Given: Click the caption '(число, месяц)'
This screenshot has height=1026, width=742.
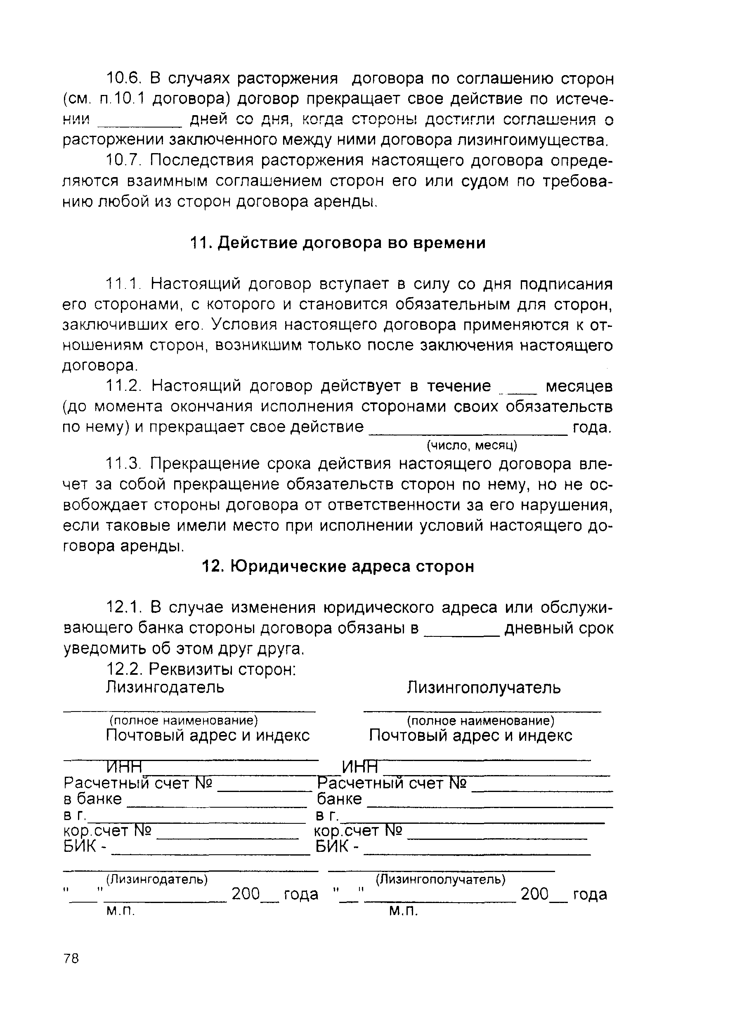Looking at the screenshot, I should (472, 446).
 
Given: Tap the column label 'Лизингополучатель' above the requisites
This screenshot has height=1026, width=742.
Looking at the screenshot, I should (484, 688).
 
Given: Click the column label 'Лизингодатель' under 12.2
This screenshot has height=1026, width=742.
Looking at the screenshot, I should (165, 688).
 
